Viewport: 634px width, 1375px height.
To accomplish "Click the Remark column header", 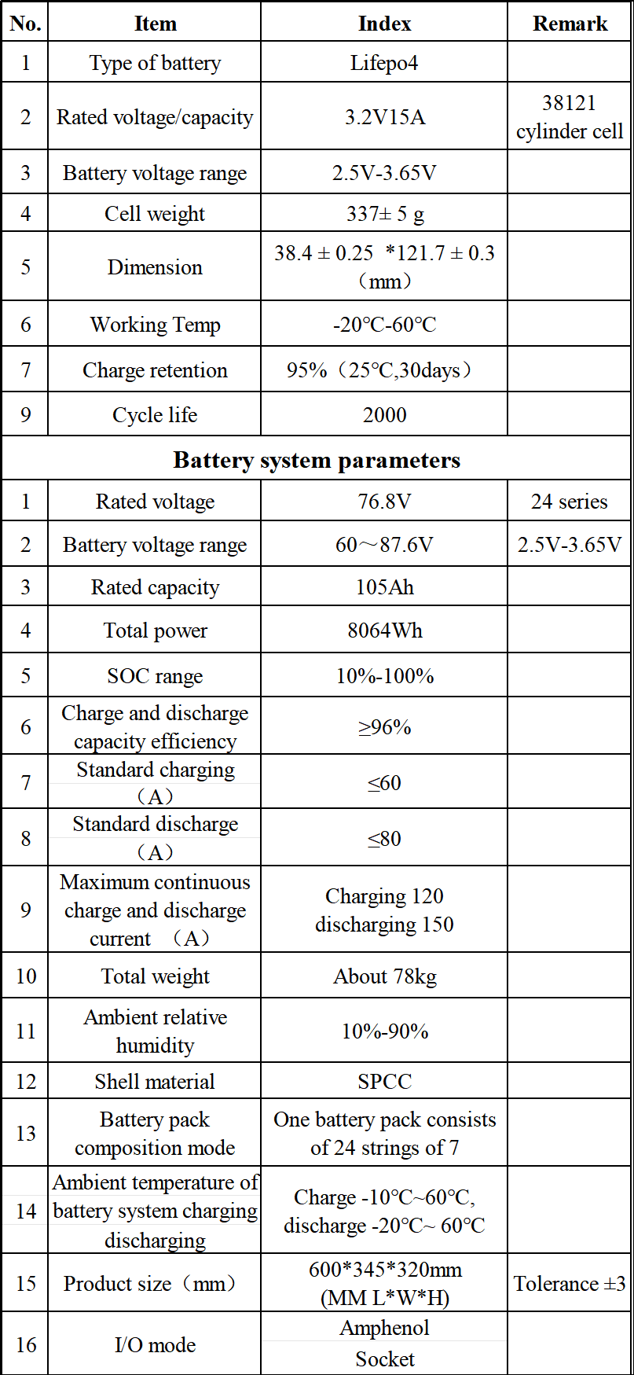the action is (x=570, y=24).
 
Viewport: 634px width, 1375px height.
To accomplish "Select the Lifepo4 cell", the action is (x=384, y=63).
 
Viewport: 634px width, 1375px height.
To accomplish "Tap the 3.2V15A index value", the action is (x=384, y=117).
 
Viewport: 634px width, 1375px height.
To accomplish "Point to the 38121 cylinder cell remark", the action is (x=570, y=117).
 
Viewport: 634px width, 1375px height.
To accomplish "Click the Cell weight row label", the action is (x=155, y=214).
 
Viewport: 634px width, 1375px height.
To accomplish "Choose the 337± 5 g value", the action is (x=384, y=214).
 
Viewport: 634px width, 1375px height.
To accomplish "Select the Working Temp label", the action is (x=155, y=325).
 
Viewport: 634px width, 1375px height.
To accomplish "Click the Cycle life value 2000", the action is (x=384, y=415).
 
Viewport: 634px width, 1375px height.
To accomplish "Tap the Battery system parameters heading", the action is (x=317, y=460).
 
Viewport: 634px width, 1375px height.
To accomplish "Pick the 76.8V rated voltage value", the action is (x=384, y=502).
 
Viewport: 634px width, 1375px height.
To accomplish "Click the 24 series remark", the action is (x=570, y=502).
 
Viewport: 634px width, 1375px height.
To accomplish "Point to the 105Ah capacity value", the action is (x=384, y=587).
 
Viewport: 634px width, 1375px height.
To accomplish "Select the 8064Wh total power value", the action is (x=384, y=631).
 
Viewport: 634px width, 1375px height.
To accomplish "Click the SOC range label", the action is (x=155, y=676).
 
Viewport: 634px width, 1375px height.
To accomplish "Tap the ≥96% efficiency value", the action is (x=384, y=727).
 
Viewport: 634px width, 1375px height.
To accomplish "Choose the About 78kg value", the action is (x=384, y=976).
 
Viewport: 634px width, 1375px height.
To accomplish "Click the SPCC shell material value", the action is (x=384, y=1082).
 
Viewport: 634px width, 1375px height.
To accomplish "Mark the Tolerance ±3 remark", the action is (x=570, y=1284).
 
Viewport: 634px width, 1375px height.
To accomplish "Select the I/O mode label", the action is (x=155, y=1345).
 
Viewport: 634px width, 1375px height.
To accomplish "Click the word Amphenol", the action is (x=384, y=1328).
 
